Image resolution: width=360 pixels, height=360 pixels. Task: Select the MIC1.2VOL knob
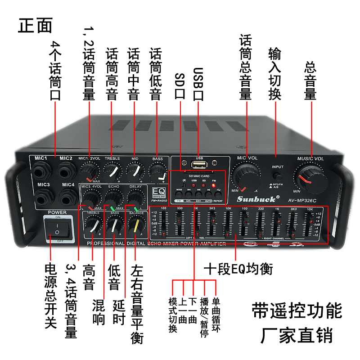pos(89,171)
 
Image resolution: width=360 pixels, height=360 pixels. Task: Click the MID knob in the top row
pos(135,171)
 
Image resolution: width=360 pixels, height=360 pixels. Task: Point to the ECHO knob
pos(114,198)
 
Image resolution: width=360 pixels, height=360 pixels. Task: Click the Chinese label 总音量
pos(310,81)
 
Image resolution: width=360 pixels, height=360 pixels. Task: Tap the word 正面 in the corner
pos(36,26)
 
